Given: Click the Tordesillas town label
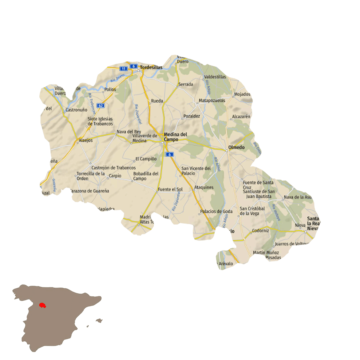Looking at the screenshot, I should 151,67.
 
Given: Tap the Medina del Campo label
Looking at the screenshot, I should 175,137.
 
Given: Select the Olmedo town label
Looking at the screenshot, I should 236,147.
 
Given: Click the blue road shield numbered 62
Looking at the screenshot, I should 100,105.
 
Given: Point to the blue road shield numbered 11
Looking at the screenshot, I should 124,69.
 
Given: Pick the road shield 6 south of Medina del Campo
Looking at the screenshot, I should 170,154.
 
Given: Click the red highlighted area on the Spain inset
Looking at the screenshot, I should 42,305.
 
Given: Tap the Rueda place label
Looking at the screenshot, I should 157,101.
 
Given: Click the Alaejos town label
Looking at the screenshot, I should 86,140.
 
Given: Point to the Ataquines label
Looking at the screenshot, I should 204,187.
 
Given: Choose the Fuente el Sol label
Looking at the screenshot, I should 170,189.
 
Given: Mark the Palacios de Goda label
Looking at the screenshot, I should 216,211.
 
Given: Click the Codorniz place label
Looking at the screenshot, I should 260,230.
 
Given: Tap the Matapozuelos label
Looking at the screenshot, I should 212,100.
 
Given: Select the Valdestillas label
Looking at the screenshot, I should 215,77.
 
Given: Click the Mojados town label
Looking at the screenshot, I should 242,94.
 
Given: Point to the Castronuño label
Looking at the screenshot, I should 77,110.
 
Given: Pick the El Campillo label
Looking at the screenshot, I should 146,159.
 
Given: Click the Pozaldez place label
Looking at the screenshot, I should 192,116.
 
